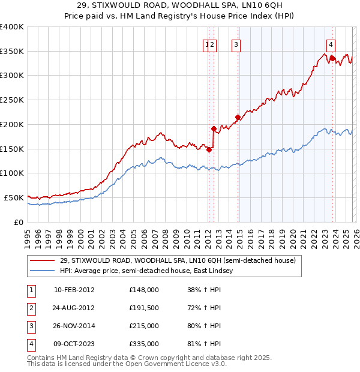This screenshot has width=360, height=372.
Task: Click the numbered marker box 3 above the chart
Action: pyautogui.click(x=236, y=44)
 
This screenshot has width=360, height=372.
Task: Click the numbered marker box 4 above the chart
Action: pyautogui.click(x=331, y=44)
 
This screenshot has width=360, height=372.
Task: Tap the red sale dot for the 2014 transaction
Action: pyautogui.click(x=238, y=117)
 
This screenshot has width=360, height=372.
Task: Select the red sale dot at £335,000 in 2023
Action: pyautogui.click(x=332, y=58)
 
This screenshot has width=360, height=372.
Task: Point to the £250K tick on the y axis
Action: pyautogui.click(x=11, y=100)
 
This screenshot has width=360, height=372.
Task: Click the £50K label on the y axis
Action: pyautogui.click(x=14, y=197)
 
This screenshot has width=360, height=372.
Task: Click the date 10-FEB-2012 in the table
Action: pyautogui.click(x=74, y=289)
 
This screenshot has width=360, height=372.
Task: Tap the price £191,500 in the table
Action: pyautogui.click(x=143, y=307)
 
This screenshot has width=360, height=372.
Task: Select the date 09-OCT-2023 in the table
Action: pyautogui.click(x=74, y=344)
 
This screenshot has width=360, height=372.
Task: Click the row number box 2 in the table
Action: pyautogui.click(x=31, y=307)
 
